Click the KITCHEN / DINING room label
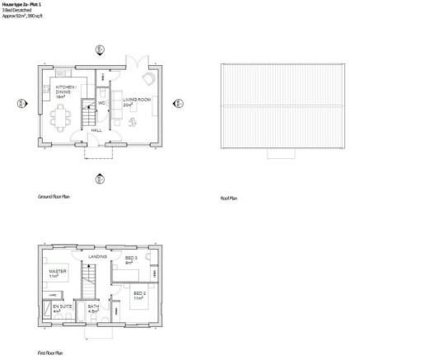(66, 90)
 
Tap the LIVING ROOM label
(133, 102)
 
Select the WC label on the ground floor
(101, 102)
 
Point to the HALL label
(96, 129)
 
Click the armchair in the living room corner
(147, 79)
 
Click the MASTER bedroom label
(57, 273)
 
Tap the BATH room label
(93, 308)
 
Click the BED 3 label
(131, 259)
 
